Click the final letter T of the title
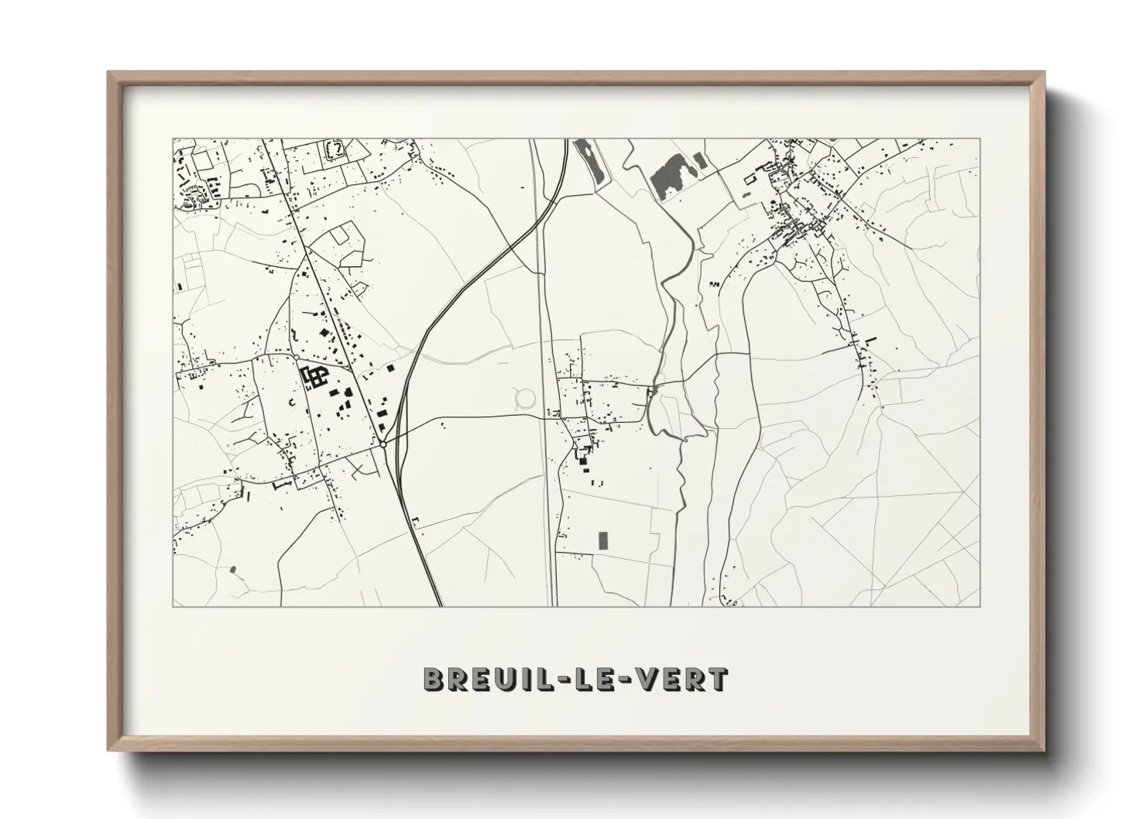719,679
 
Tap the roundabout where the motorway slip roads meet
383,445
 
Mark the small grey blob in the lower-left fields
233,570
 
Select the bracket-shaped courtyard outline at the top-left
335,149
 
